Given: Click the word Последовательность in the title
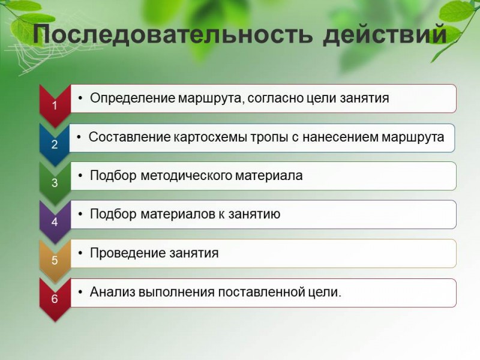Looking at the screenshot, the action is (x=173, y=35).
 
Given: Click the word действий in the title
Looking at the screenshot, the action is (x=385, y=35).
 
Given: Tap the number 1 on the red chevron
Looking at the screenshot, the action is (x=55, y=106).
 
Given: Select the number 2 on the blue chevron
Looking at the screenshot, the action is (x=55, y=144).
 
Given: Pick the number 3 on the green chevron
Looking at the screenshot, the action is (x=55, y=183).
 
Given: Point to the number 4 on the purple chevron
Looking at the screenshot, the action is (x=55, y=221).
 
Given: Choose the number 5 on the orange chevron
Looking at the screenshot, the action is (x=55, y=260).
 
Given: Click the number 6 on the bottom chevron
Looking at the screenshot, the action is (x=55, y=299).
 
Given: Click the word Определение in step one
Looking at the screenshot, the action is (x=133, y=98).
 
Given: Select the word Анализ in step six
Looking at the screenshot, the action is (x=112, y=292).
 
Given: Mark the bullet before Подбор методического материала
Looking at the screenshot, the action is (x=80, y=176).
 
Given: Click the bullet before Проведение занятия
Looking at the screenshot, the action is (x=80, y=253).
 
